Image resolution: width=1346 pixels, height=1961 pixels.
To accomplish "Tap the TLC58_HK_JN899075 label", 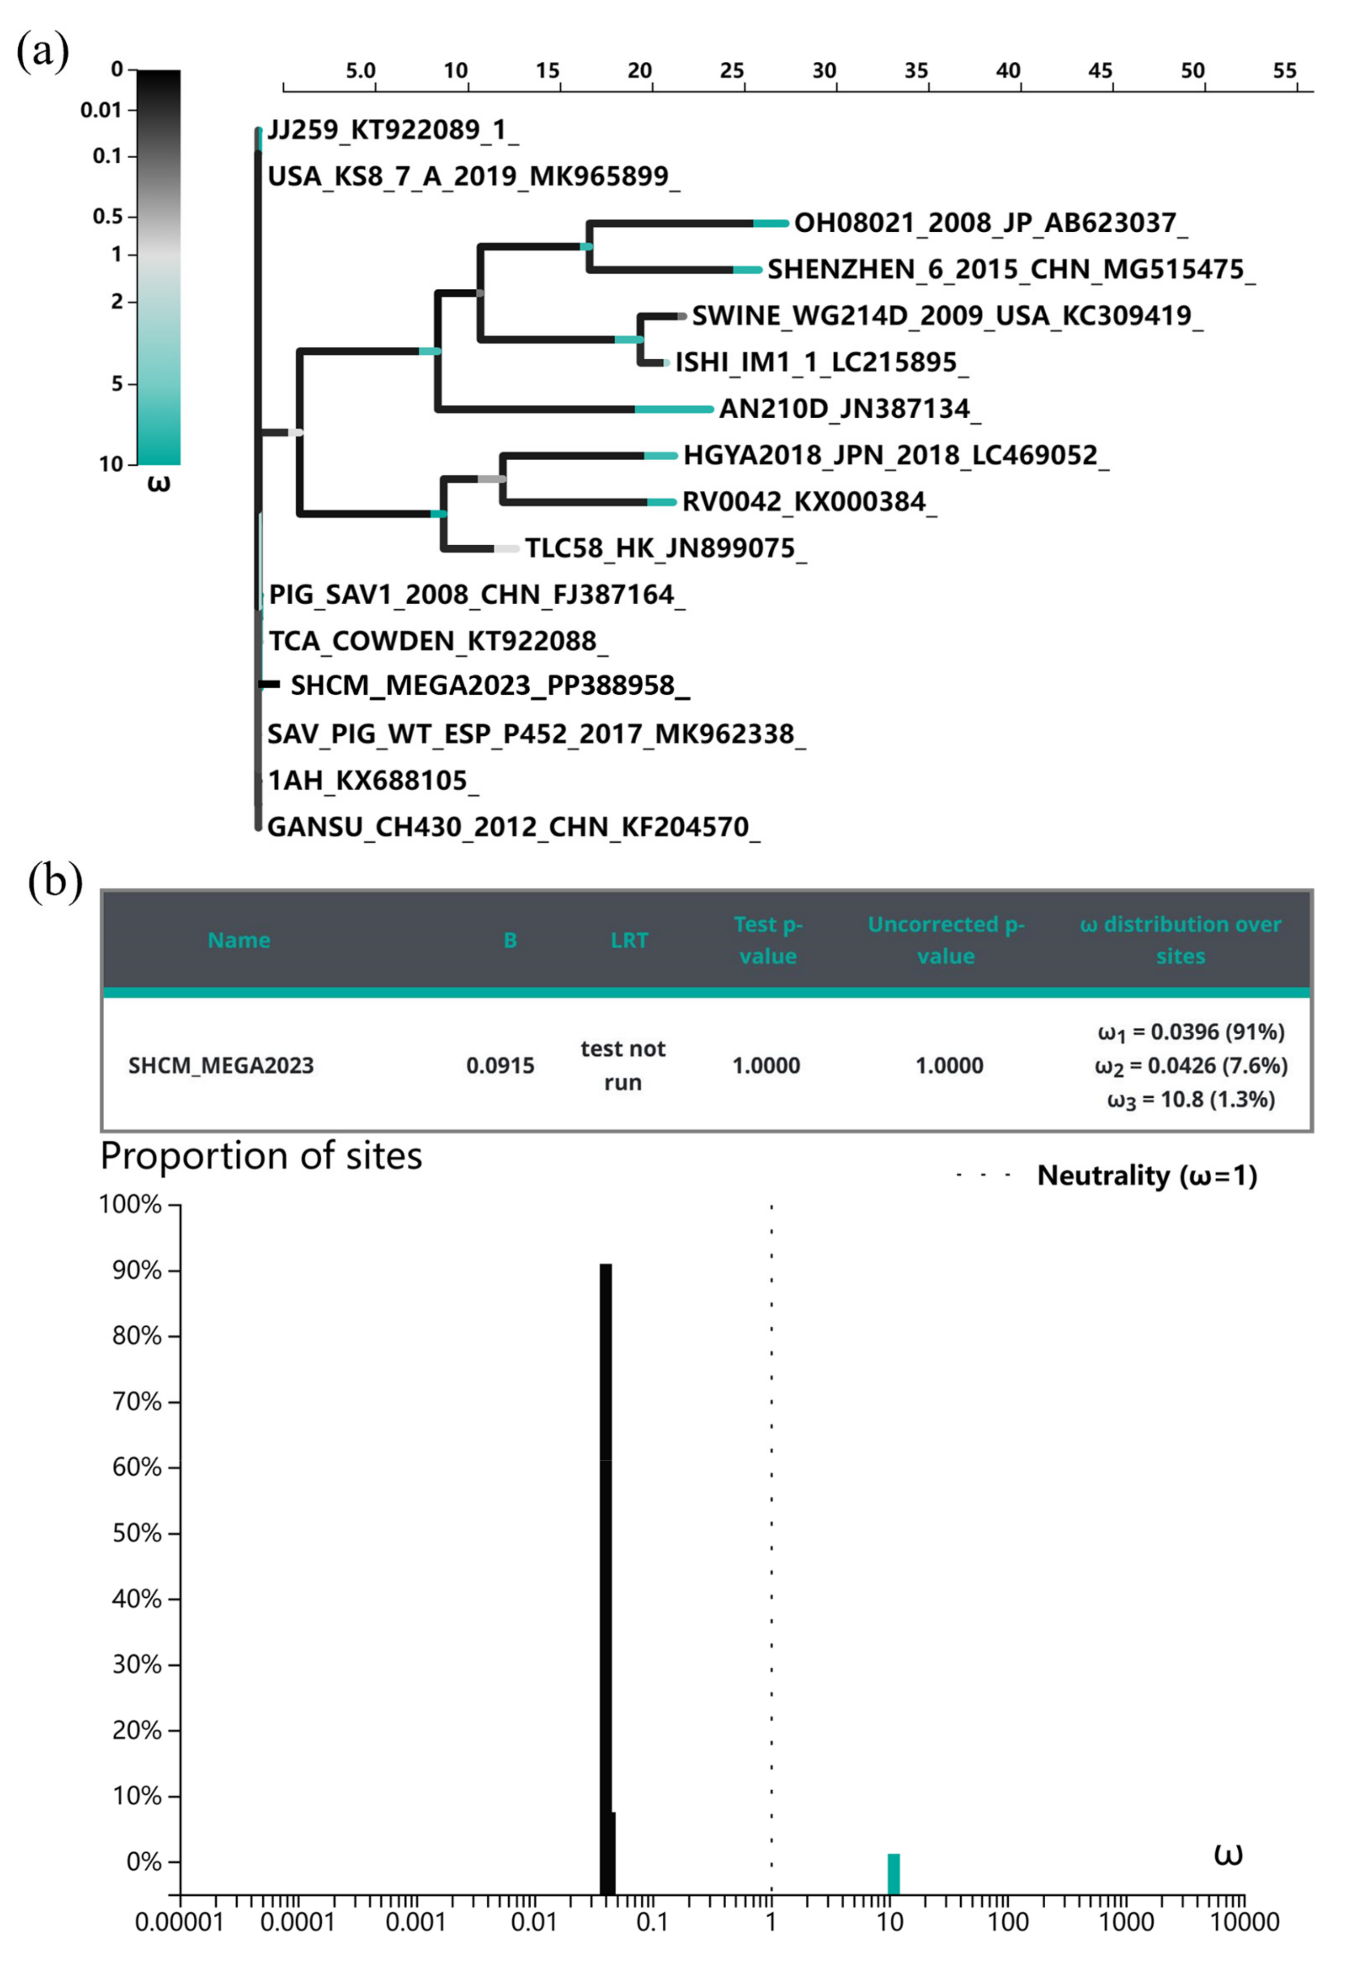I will [x=665, y=548].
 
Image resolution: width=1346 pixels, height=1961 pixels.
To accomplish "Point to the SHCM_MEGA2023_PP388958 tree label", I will [x=490, y=685].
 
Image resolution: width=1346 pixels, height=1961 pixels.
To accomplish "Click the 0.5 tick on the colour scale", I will [x=108, y=217].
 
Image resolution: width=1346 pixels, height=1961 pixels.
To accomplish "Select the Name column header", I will [x=239, y=940].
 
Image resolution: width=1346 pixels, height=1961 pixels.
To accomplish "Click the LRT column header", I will [x=630, y=940].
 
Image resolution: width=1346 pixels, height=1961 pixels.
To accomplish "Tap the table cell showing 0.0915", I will [x=500, y=1066].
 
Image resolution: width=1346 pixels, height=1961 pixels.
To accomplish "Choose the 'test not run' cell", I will [x=623, y=1066].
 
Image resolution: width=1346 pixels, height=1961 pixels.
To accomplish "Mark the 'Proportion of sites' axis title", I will [x=262, y=1156].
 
